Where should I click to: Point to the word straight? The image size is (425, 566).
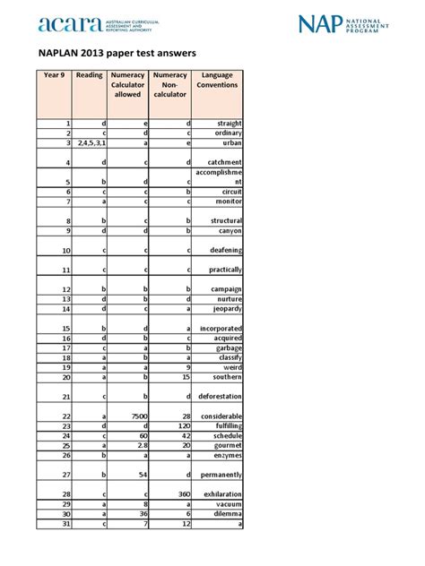pos(226,123)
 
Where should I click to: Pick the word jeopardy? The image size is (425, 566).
pos(224,309)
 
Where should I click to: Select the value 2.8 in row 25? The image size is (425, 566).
pos(141,445)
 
